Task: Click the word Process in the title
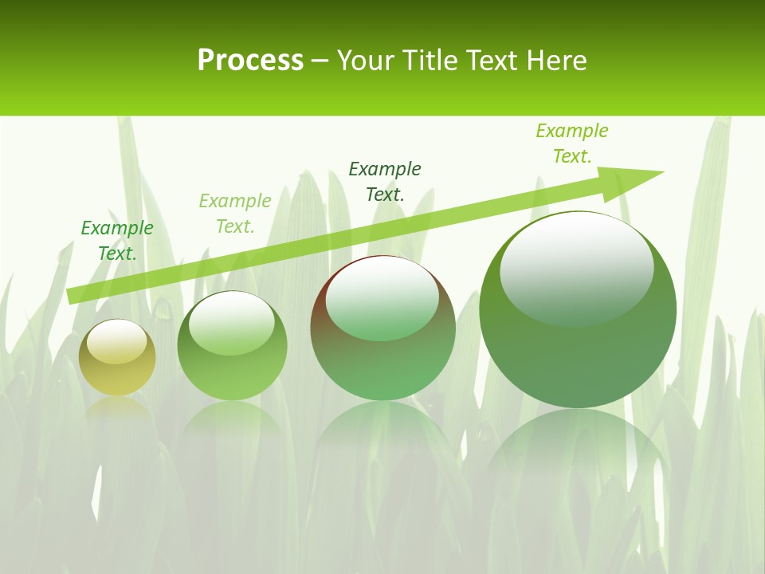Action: coord(250,61)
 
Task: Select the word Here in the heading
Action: coord(555,61)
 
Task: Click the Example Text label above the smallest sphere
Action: coord(117,241)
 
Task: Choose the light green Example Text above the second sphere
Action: coord(235,214)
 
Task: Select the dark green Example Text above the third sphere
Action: coord(385,181)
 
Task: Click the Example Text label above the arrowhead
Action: coord(572,143)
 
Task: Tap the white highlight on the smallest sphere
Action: coord(116,341)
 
